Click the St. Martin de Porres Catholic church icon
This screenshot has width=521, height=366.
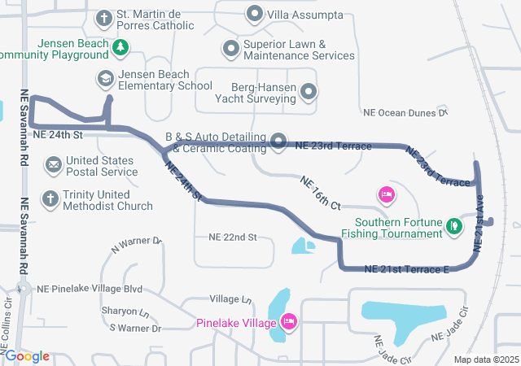[x=104, y=17]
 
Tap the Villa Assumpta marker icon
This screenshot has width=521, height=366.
[x=255, y=15]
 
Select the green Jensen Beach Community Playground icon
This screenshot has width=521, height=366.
[x=120, y=47]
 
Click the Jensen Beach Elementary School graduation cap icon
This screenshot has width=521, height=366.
[x=105, y=79]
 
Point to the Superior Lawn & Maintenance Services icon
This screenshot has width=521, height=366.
[x=230, y=49]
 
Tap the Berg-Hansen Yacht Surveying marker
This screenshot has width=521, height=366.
[x=309, y=93]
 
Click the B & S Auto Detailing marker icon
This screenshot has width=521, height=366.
[x=278, y=142]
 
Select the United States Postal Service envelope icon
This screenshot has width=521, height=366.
[x=53, y=166]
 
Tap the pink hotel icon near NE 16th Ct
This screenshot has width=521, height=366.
[x=387, y=194]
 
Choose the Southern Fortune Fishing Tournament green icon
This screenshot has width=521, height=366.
[x=454, y=228]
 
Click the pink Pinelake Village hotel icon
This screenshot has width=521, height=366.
[x=287, y=323]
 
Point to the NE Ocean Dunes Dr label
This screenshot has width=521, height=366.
[x=405, y=113]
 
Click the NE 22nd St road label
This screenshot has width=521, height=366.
[x=233, y=237]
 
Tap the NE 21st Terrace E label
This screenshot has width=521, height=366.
[x=406, y=269]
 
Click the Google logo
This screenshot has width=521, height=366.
[x=27, y=355]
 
